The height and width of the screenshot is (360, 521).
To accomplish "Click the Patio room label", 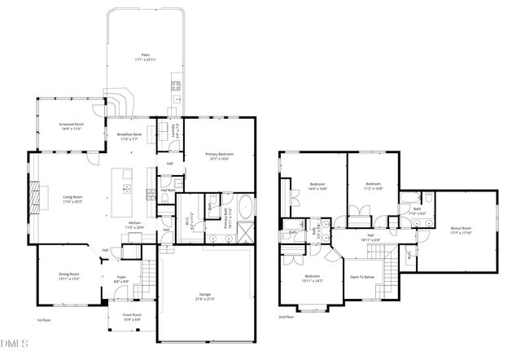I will click(x=146, y=55).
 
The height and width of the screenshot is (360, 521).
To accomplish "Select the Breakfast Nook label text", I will click(x=129, y=137).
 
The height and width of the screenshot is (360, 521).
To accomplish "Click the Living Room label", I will click(x=73, y=198).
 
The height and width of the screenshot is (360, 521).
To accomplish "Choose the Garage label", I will click(x=204, y=296).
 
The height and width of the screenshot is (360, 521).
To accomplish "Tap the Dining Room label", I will click(x=69, y=275).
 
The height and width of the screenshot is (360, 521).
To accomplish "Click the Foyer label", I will click(x=121, y=279).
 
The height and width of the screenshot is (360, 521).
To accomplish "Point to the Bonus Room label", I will click(x=461, y=230).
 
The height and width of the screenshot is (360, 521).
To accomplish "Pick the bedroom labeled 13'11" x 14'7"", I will click(x=313, y=278).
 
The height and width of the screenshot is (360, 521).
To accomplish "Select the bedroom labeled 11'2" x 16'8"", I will click(x=373, y=186).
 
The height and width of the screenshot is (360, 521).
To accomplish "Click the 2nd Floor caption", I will click(x=286, y=317).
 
